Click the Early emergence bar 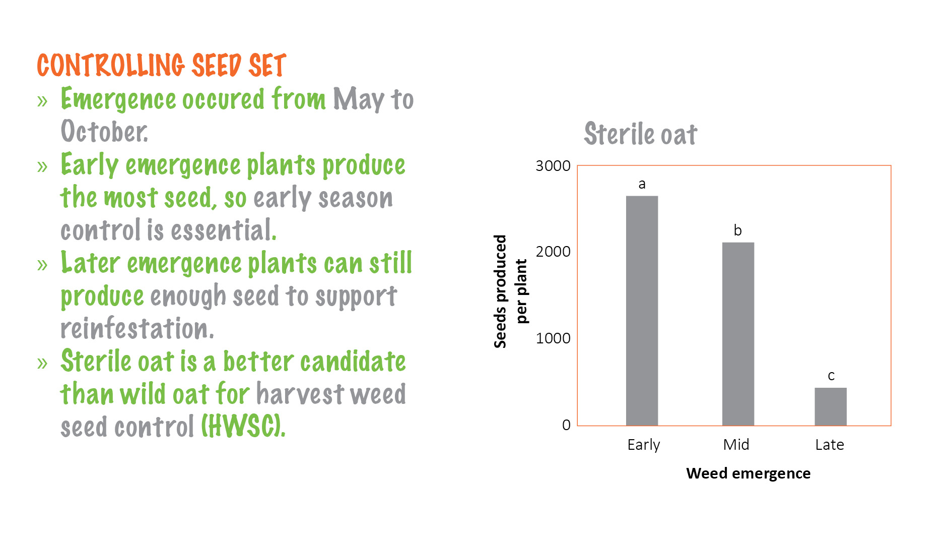[642, 310]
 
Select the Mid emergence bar [738, 334]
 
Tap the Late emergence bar [831, 406]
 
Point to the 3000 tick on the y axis [553, 166]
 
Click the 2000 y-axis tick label [553, 252]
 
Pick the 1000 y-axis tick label [553, 338]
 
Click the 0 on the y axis [566, 425]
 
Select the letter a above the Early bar [642, 184]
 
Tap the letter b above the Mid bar [737, 230]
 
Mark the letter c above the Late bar [831, 376]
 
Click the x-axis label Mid [736, 445]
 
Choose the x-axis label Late [829, 445]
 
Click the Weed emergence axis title [748, 473]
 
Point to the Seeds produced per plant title [510, 291]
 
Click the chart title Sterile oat [640, 134]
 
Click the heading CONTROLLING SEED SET [161, 66]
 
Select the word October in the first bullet [104, 132]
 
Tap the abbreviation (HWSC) [243, 426]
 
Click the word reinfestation [137, 329]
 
